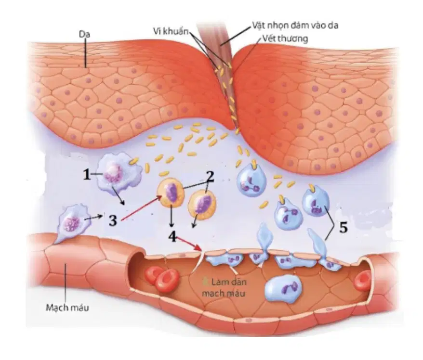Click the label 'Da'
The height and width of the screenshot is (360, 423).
pyautogui.click(x=84, y=35)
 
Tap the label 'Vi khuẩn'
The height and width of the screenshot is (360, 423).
pyautogui.click(x=171, y=31)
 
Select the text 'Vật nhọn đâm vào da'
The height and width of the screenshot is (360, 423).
pyautogui.click(x=295, y=25)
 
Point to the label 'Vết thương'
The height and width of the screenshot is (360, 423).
pyautogui.click(x=285, y=39)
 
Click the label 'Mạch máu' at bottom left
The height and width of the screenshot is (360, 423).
pyautogui.click(x=67, y=307)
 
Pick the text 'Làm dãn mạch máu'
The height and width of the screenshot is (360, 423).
pyautogui.click(x=224, y=288)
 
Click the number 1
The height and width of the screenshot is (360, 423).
pyautogui.click(x=87, y=175)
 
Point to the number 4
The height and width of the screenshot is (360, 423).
pyautogui.click(x=172, y=237)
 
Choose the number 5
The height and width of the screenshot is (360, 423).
pyautogui.click(x=343, y=228)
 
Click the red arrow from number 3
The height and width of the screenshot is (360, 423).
pyautogui.click(x=141, y=208)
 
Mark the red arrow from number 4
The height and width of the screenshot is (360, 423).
pyautogui.click(x=189, y=244)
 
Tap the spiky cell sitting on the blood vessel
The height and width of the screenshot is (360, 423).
pyautogui.click(x=71, y=222)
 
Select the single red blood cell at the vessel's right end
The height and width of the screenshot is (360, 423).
pyautogui.click(x=363, y=282)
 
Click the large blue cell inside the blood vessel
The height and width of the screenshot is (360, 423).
pyautogui.click(x=283, y=288)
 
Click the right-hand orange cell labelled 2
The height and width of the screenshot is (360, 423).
pyautogui.click(x=202, y=204)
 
